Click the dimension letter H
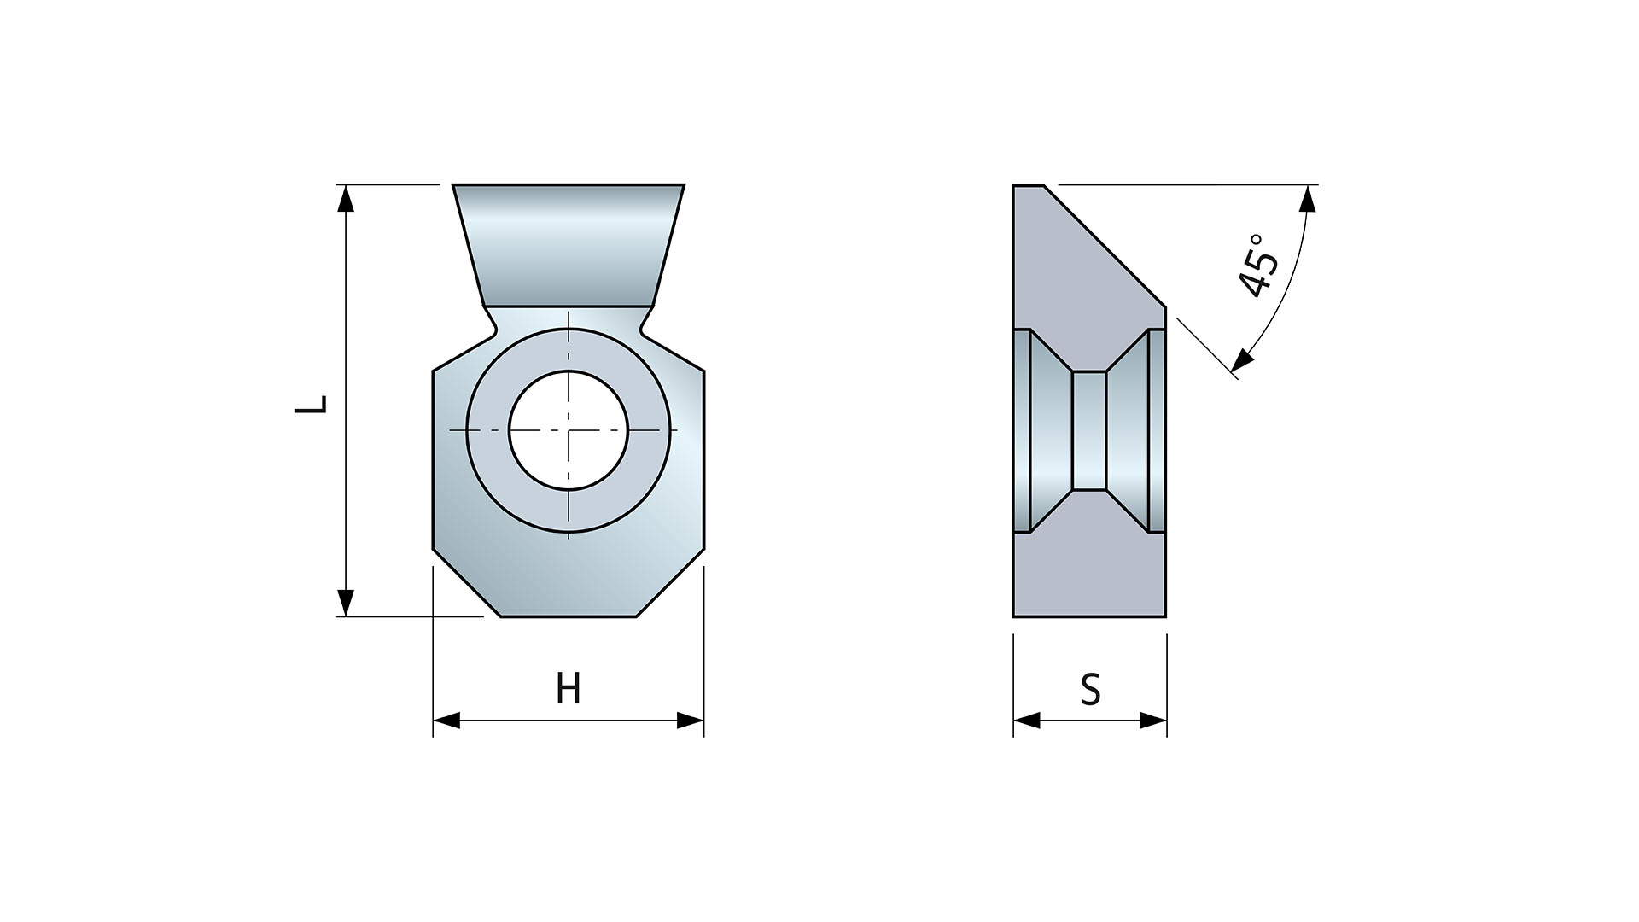tap(569, 688)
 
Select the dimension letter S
tap(1090, 689)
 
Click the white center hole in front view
tap(569, 430)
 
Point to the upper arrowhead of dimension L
tap(345, 198)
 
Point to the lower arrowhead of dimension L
tap(345, 602)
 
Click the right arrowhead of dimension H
tap(691, 721)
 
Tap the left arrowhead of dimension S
tap(1026, 721)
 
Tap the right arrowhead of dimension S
tap(1154, 721)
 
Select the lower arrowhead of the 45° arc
tap(1244, 361)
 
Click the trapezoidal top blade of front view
tap(569, 243)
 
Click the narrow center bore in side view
tap(1089, 430)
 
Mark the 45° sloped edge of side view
tap(1105, 245)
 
